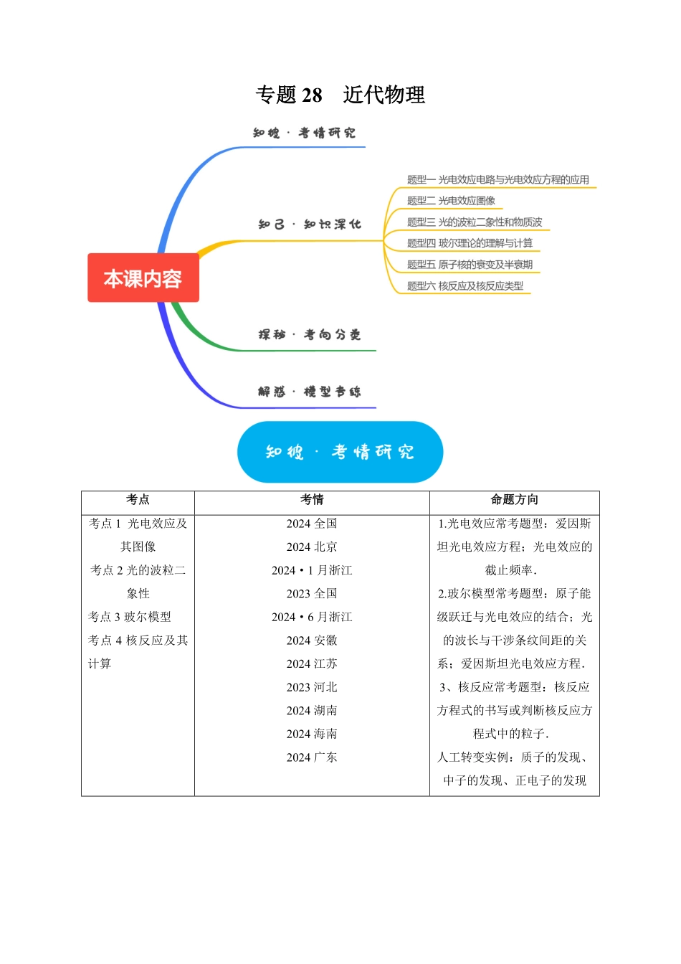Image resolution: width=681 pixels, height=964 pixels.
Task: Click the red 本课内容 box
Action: [x=143, y=278]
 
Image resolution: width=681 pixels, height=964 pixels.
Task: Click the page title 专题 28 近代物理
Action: [x=340, y=95]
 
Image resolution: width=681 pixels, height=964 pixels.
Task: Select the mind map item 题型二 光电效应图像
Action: [x=451, y=201]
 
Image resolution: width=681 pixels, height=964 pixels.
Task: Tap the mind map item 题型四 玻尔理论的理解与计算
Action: [x=470, y=243]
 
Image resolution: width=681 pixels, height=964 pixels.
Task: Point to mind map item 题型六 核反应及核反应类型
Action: [x=465, y=285]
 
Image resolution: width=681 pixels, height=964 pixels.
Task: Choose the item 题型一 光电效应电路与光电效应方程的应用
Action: [x=497, y=179]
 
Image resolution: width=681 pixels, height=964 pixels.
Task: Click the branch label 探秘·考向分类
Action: [x=309, y=334]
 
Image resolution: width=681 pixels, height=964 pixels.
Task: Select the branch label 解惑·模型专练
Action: [x=309, y=391]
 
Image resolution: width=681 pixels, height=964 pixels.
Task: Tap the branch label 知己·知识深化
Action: [x=309, y=225]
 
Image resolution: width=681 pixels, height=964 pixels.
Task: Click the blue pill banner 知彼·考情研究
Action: [x=340, y=452]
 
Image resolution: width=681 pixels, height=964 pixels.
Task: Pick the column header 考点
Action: [x=138, y=500]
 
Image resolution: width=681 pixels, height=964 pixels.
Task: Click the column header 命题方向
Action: [x=514, y=500]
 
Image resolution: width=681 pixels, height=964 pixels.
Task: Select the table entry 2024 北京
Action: [x=312, y=547]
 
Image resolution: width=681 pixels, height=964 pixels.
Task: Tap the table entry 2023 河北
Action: [x=312, y=687]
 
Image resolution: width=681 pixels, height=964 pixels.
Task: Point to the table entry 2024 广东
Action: [x=312, y=757]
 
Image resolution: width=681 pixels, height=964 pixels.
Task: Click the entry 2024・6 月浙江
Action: [x=312, y=617]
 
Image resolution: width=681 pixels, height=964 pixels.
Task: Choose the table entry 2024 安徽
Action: [x=312, y=641]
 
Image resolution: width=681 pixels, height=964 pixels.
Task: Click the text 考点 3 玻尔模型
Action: [x=130, y=617]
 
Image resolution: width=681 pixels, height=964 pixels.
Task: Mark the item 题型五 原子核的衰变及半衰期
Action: [x=470, y=265]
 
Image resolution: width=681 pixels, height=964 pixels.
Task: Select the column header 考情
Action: [x=312, y=500]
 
